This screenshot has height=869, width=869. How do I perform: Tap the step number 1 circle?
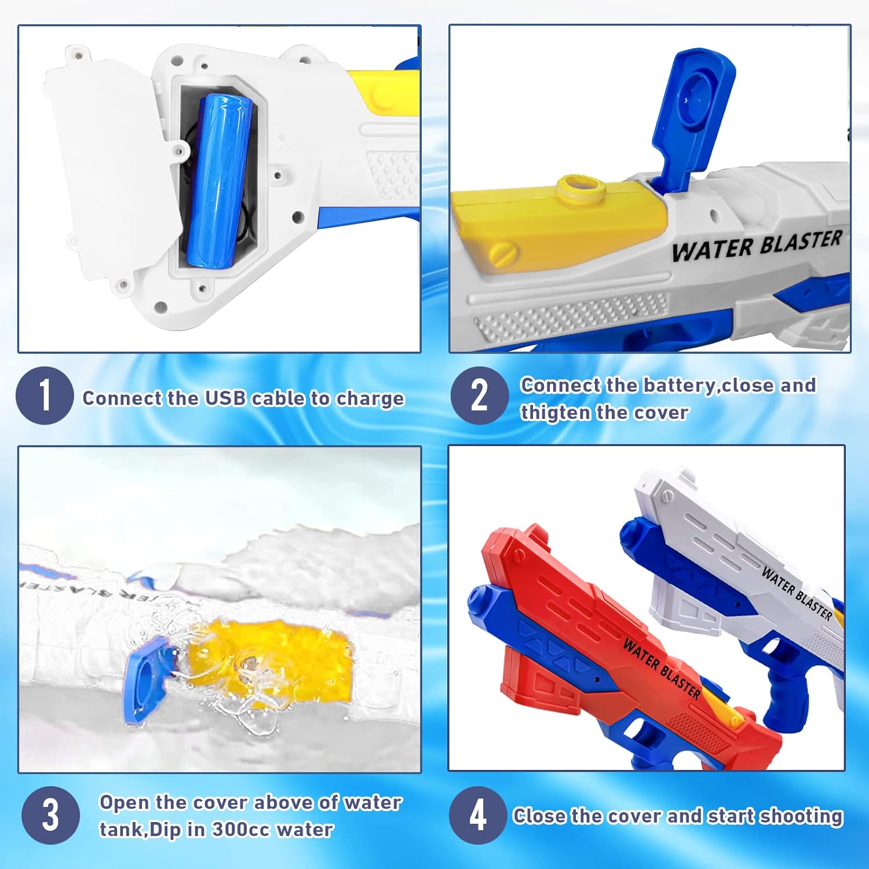click(x=45, y=396)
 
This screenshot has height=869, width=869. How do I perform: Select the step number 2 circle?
click(x=479, y=396)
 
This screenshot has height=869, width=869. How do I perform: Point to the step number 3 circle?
click(x=50, y=815)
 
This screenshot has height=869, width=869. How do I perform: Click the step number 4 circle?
click(x=478, y=815)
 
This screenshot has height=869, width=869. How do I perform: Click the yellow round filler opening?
click(x=580, y=187)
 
